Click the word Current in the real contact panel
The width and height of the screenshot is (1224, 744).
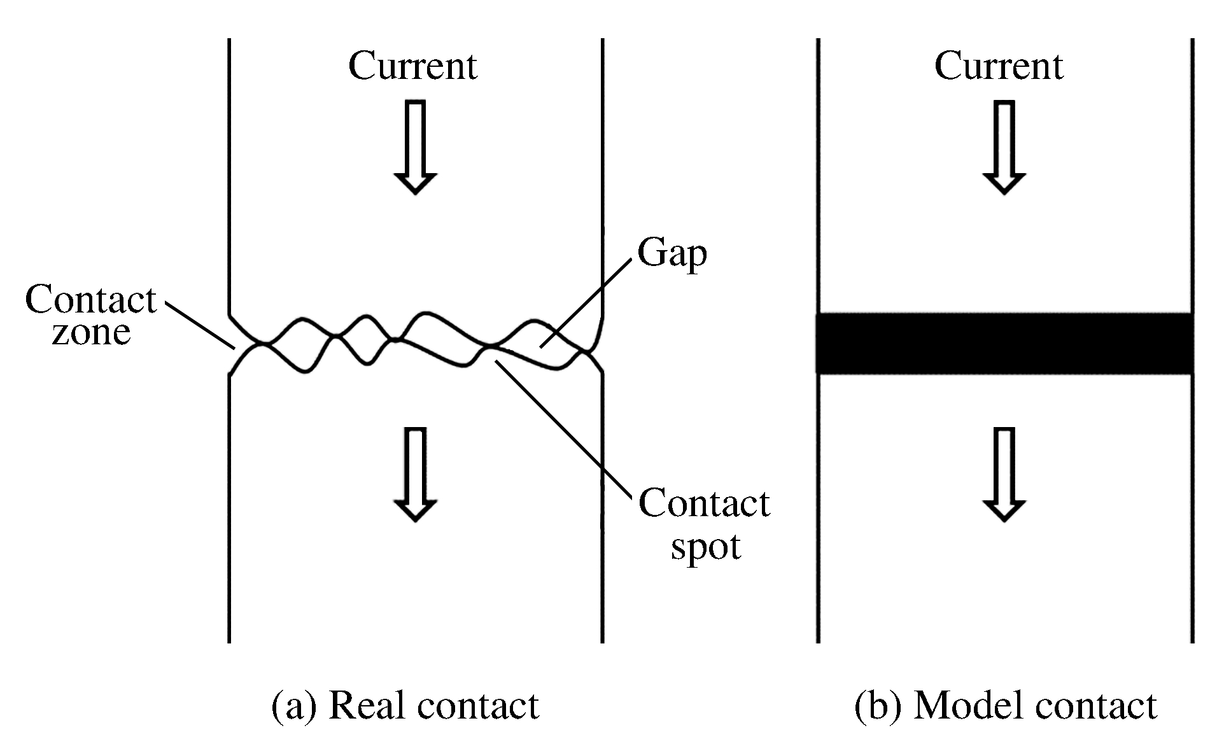[x=412, y=66]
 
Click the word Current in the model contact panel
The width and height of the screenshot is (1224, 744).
[x=999, y=66]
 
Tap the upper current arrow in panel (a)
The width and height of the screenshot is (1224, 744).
[x=415, y=146]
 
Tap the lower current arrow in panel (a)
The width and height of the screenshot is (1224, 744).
[x=415, y=474]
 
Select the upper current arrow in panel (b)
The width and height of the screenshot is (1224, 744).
[x=1004, y=146]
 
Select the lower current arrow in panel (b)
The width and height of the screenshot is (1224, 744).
[x=1004, y=474]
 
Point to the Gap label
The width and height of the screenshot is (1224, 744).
[x=672, y=254]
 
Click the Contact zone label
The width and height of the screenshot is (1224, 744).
[x=91, y=315]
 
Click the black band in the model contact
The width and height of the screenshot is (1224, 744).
[x=1004, y=343]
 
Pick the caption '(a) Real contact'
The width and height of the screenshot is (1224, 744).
[x=405, y=706]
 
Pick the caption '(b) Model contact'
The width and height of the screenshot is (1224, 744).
[x=1005, y=706]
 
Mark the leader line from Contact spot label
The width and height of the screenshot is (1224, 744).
[x=563, y=426]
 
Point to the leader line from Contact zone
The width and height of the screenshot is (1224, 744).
[x=200, y=325]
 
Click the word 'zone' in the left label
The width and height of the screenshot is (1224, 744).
[x=91, y=332]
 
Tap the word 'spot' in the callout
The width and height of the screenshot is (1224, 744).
[x=706, y=546]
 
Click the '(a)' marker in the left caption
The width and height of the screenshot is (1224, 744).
[x=293, y=706]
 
